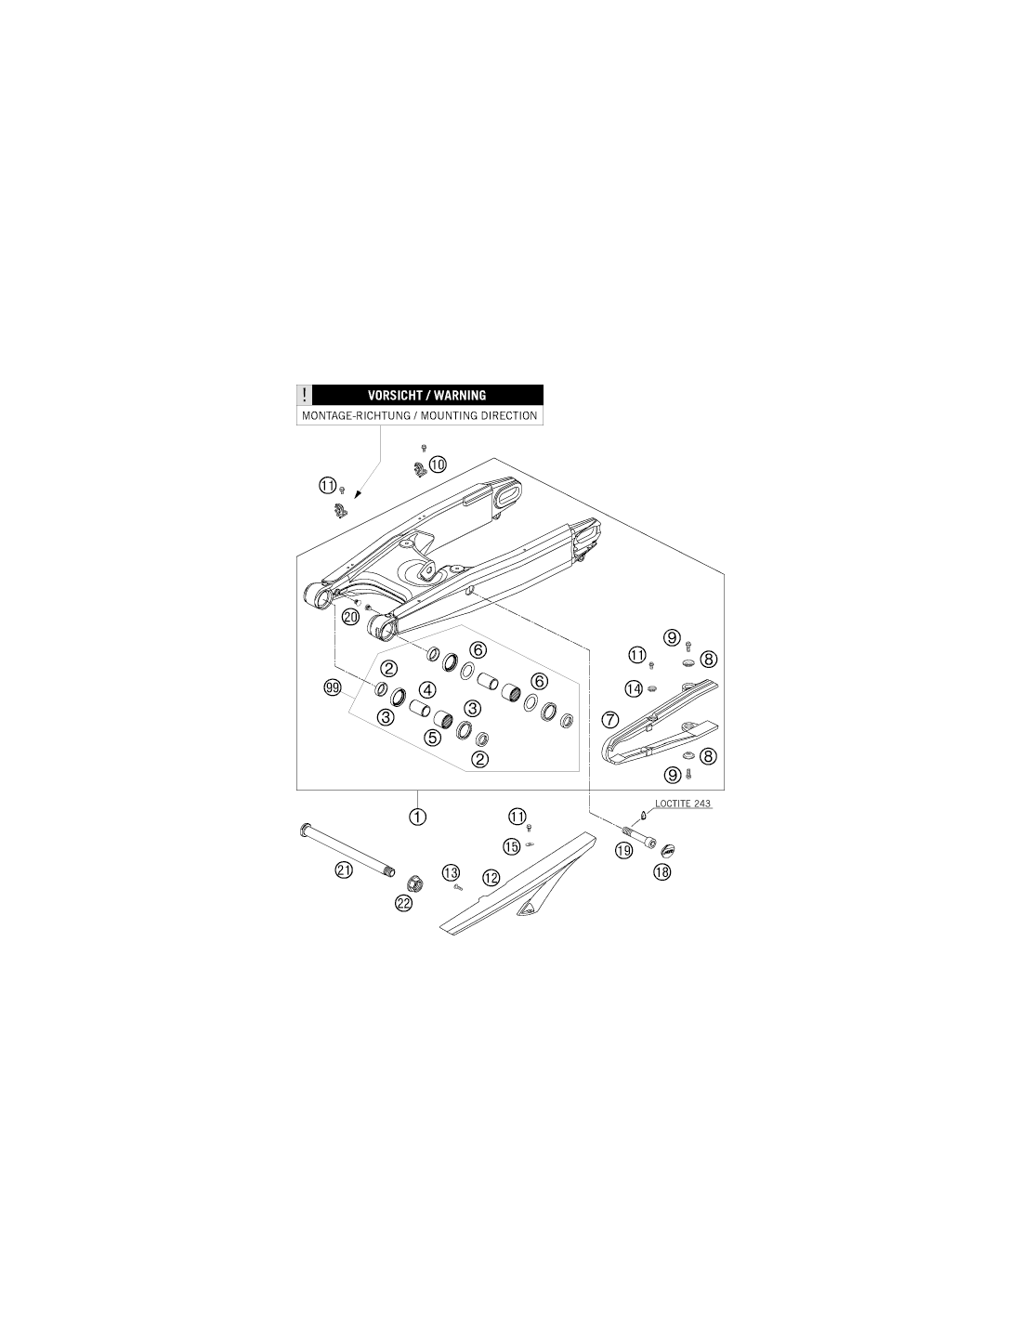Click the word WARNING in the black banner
460,395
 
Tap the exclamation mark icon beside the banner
304,395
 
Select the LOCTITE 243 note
682,803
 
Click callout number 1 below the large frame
418,817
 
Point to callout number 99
333,688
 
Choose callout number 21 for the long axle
344,870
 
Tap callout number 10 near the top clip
437,464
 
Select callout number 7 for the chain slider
609,720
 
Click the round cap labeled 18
668,850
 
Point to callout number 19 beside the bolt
623,850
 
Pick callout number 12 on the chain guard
491,877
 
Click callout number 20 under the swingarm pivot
351,617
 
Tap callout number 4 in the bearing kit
428,690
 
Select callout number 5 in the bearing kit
432,738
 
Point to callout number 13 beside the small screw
451,873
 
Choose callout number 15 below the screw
512,846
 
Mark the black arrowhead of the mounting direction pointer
358,494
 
